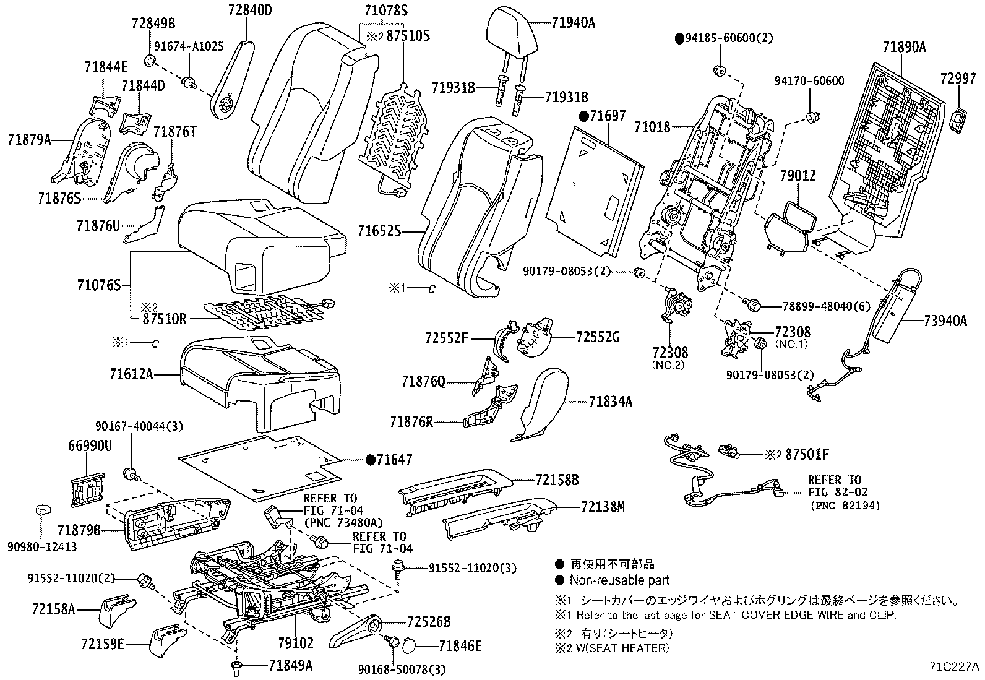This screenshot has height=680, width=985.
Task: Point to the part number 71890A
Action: click(x=904, y=47)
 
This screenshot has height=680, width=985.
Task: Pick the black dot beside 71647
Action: click(x=370, y=460)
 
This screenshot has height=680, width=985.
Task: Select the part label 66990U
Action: click(x=90, y=445)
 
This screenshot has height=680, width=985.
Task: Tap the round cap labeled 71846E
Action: click(x=410, y=646)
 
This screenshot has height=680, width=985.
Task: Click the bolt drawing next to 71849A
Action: click(x=237, y=666)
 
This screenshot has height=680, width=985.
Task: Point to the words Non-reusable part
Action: click(x=619, y=580)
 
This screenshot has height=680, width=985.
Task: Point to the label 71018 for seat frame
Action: click(x=652, y=127)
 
